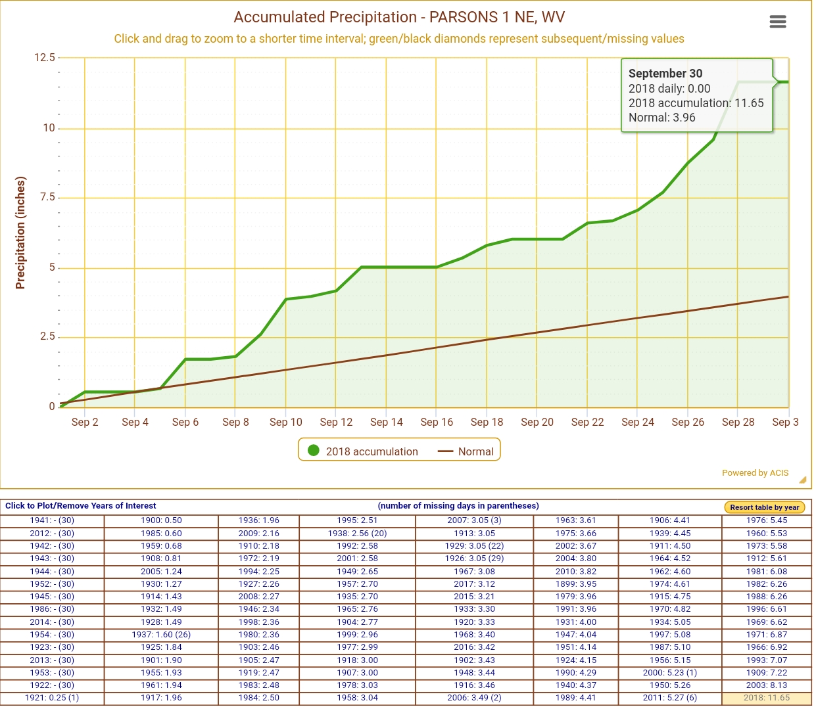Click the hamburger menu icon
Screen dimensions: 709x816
tap(777, 22)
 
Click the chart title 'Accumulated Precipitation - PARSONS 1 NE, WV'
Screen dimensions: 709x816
tap(399, 17)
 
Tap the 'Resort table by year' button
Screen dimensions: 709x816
tap(764, 507)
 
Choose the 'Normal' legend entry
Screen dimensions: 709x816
tap(467, 451)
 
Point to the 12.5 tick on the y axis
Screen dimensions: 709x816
tap(45, 58)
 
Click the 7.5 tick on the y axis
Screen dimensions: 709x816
tap(47, 197)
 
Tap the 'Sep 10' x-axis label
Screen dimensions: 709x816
tap(285, 422)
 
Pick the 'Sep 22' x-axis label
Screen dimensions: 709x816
tap(587, 422)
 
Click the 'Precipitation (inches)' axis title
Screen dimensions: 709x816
tap(20, 233)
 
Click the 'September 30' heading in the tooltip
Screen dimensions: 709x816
tap(665, 74)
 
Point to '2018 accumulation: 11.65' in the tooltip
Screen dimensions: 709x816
tap(696, 103)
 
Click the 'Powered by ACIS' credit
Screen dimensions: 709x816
tap(755, 472)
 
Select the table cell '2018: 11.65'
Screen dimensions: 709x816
tap(766, 698)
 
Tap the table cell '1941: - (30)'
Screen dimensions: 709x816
tap(52, 520)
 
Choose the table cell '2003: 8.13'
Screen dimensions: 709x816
tap(766, 685)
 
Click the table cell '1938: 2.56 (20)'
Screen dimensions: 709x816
tap(357, 534)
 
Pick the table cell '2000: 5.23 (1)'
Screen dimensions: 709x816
tap(669, 673)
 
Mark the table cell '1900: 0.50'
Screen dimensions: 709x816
tap(161, 520)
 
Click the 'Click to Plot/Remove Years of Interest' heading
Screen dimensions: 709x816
tap(81, 506)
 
